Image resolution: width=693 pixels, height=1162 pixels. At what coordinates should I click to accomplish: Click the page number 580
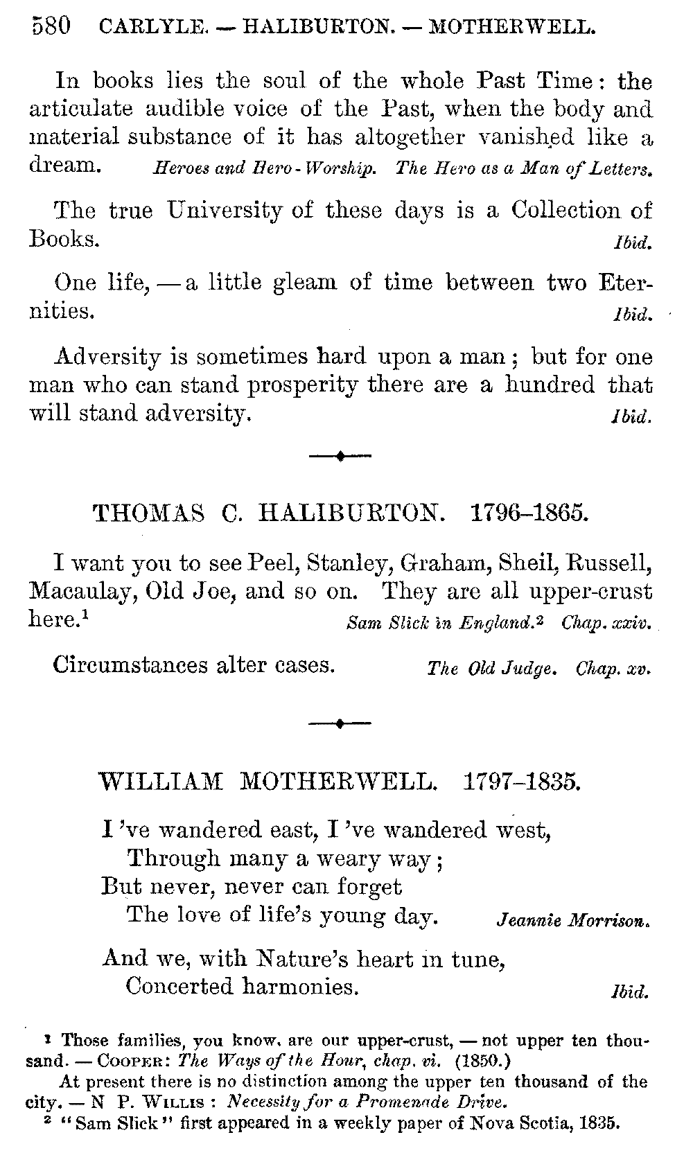point(50,26)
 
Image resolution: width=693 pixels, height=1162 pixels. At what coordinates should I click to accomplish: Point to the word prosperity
point(302,385)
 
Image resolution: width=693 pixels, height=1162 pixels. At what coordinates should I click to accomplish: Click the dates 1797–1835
point(520,783)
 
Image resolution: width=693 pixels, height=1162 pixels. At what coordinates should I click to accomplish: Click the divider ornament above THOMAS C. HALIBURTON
point(340,456)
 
